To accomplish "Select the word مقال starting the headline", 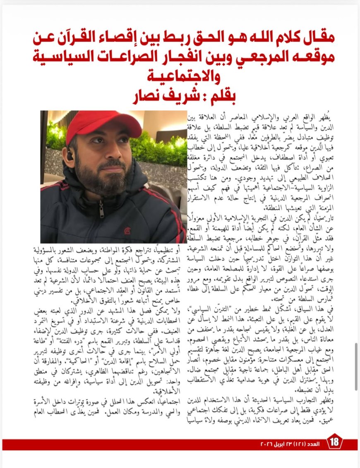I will coord(316,39).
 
